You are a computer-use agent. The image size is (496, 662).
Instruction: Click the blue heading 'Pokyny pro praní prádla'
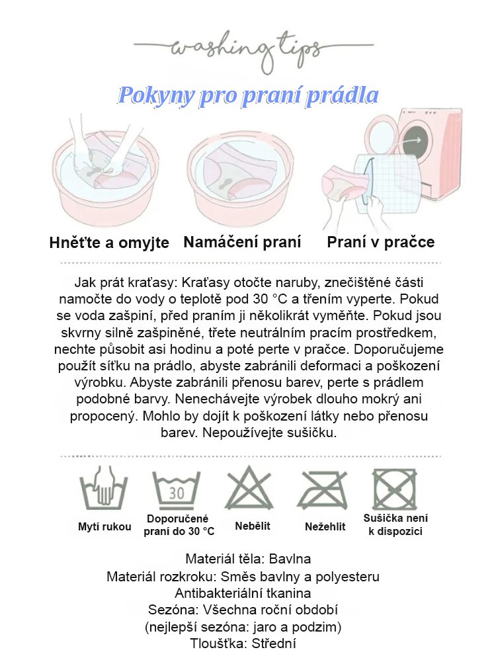(x=248, y=96)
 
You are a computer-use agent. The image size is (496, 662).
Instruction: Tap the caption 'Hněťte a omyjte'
(x=109, y=243)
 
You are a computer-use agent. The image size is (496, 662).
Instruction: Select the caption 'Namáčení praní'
(x=242, y=242)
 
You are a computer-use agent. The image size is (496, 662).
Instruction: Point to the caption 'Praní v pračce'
(x=381, y=242)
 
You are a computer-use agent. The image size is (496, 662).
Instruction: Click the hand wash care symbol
(x=104, y=490)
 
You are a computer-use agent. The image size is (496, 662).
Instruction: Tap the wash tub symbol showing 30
(x=177, y=491)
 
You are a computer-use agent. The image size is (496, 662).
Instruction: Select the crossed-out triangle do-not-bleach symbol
(x=249, y=490)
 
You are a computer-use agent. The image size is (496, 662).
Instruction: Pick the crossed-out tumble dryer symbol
(x=394, y=490)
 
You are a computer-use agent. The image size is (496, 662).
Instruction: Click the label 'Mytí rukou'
(x=104, y=527)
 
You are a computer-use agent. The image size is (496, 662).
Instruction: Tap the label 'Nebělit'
(x=253, y=526)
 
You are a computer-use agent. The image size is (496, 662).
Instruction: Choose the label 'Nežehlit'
(x=325, y=527)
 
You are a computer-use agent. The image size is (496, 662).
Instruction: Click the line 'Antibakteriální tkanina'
(x=243, y=593)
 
